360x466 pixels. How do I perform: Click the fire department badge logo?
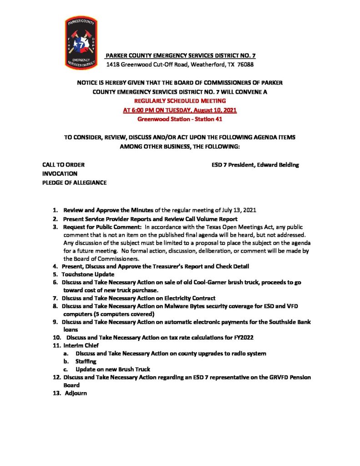coord(81,42)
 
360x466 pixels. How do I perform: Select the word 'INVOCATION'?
coord(60,173)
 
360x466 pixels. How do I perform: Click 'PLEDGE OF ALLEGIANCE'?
coord(74,182)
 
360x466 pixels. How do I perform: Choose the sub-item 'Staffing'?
coord(86,361)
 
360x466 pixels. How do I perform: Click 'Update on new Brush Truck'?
coord(113,369)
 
